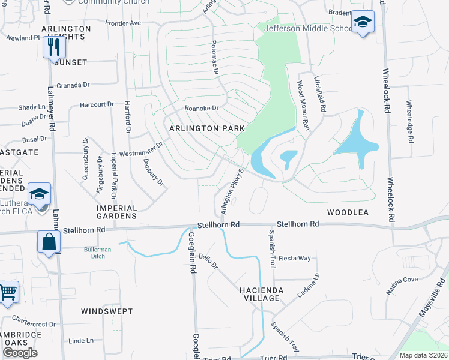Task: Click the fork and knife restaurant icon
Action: point(54,46)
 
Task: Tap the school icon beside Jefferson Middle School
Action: point(363,22)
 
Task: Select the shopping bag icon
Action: point(49,242)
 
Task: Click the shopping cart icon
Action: point(8,292)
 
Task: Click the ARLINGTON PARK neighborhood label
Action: point(207,128)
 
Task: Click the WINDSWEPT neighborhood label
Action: point(105,311)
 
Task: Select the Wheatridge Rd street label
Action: point(411,121)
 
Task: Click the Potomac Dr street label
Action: point(214,57)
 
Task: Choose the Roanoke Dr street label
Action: point(201,108)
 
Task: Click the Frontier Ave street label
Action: point(122,23)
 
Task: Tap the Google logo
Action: point(20,353)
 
